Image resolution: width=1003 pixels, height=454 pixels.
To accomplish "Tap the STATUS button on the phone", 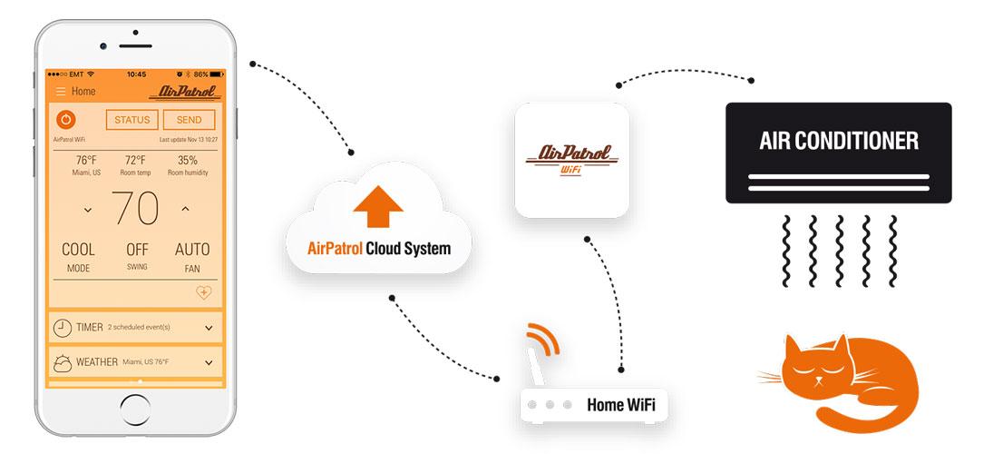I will (131, 120).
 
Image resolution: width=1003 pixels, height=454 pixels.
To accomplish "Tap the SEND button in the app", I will (189, 120).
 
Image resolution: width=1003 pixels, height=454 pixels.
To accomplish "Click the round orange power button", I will (66, 119).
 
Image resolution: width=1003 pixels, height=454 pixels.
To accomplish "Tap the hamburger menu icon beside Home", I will (61, 92).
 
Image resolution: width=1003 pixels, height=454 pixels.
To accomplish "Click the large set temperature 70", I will (136, 208).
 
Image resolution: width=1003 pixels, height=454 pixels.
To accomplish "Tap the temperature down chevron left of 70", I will (88, 210).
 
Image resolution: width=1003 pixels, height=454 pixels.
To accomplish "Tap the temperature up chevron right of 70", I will (185, 209).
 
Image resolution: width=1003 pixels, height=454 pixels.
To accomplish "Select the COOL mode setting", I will (78, 250).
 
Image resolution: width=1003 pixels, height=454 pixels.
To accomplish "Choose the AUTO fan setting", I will (191, 250).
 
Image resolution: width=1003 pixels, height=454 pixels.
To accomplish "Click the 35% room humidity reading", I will (188, 161).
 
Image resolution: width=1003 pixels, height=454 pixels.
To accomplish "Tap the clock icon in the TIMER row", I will (63, 328).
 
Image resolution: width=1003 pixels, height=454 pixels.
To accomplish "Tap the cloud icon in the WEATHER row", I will (63, 362).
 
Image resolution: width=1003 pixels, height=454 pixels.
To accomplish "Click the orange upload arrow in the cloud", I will (377, 204).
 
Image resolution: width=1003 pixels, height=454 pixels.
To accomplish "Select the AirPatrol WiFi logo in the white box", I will (572, 159).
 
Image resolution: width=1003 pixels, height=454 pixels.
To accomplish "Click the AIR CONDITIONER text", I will (838, 141).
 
